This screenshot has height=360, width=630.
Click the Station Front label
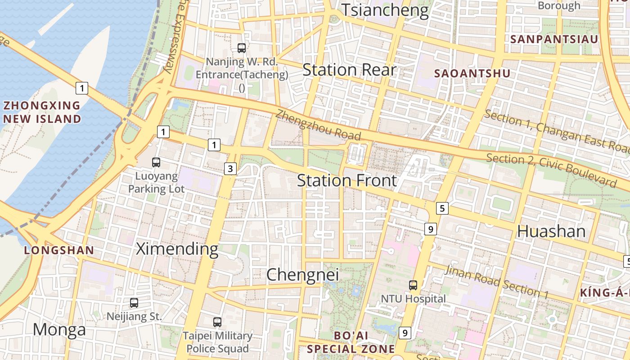coord(347,180)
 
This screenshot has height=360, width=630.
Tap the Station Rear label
coord(349,70)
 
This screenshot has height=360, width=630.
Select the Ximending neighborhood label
coord(177,248)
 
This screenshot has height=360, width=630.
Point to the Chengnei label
coord(302,274)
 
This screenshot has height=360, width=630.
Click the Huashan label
coord(551,231)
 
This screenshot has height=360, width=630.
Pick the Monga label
coord(59,329)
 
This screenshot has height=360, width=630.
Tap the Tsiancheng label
coord(385,10)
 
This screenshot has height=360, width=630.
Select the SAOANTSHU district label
coord(472,73)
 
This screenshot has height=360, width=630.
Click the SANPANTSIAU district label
coord(554,39)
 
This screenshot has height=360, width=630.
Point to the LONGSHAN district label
coord(59,251)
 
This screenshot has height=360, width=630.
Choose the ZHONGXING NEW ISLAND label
coord(42,112)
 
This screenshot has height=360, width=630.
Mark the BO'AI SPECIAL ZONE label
coord(351,342)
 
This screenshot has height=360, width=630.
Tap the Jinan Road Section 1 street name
coord(496,282)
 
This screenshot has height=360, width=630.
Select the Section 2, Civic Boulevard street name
coord(551,171)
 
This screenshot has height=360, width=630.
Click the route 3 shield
coord(230,169)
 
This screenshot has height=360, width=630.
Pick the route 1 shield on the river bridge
coord(81,88)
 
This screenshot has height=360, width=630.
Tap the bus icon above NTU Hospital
coord(413,285)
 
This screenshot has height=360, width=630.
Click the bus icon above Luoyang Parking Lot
coord(156,162)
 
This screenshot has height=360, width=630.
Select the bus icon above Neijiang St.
coord(134,303)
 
